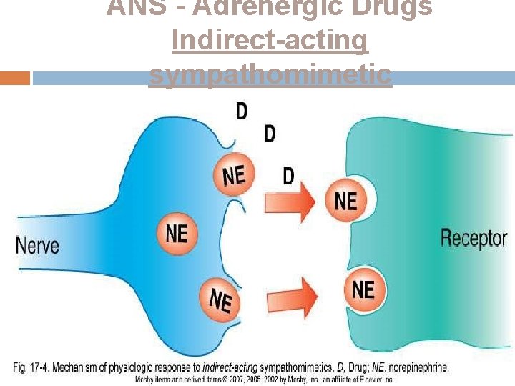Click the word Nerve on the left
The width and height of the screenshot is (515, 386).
tap(37, 245)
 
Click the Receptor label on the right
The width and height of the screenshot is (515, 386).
tap(474, 238)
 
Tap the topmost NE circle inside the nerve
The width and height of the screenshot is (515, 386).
tap(234, 175)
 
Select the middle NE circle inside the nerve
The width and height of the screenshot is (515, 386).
tap(177, 233)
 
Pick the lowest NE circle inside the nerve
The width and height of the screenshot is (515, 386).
tap(220, 300)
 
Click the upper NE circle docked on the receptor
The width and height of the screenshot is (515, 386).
tap(345, 200)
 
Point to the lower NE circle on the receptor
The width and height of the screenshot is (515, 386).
tap(363, 289)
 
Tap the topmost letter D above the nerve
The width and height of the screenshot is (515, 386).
tap(242, 111)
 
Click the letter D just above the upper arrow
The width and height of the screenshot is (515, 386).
tap(288, 175)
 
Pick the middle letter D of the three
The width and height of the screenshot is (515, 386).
tap(270, 134)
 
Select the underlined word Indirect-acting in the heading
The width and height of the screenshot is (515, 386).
tap(270, 41)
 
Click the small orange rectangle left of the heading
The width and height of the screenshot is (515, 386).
tap(15, 78)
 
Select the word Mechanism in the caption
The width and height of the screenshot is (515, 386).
tap(77, 367)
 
